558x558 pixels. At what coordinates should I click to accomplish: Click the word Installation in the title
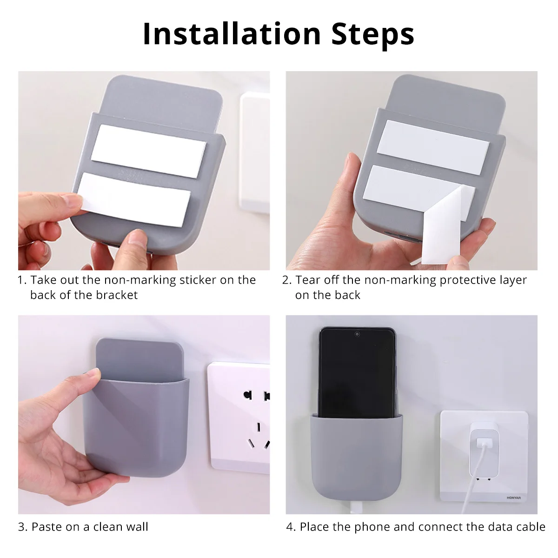click(x=232, y=33)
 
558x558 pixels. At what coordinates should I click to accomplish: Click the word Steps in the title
click(x=372, y=36)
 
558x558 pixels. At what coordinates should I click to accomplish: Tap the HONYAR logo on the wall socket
click(x=514, y=498)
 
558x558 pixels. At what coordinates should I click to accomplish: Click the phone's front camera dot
click(x=357, y=334)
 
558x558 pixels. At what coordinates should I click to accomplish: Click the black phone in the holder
click(x=357, y=373)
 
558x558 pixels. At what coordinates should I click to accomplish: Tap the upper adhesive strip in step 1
click(x=148, y=151)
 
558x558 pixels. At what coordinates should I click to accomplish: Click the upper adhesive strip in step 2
click(x=433, y=147)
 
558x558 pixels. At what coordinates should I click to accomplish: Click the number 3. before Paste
click(x=23, y=527)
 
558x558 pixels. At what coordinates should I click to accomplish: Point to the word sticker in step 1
click(x=198, y=280)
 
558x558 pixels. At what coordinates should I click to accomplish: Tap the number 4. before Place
click(x=291, y=527)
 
